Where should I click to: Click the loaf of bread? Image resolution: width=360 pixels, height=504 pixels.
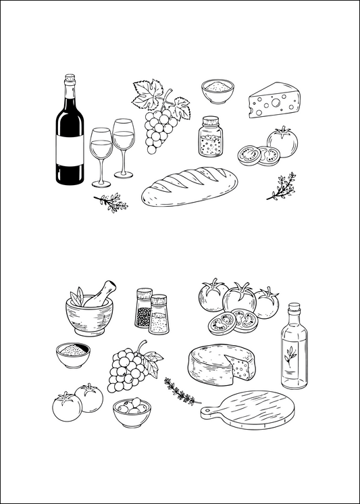click(190, 188)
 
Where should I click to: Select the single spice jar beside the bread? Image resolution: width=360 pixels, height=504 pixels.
click(211, 137)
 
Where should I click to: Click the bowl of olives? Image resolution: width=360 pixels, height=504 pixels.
click(132, 411)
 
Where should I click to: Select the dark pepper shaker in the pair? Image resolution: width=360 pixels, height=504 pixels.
click(143, 309)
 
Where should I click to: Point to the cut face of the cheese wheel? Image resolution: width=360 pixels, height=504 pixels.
click(241, 368)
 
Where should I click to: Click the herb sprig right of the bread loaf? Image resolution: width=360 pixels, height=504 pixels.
click(282, 186)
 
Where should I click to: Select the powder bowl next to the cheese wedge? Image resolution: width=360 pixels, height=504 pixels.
click(217, 90)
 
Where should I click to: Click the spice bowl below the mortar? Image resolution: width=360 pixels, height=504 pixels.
click(72, 353)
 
